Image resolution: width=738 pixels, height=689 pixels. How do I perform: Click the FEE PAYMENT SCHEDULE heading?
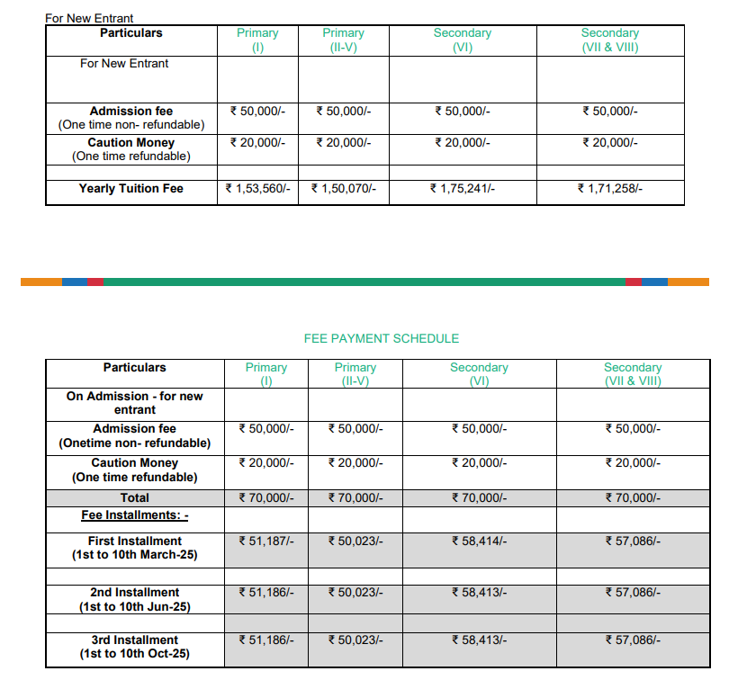382,339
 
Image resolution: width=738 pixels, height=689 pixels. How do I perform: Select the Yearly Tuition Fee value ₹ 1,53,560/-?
257,189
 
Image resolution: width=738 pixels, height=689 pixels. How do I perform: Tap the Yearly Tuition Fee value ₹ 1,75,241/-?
463,189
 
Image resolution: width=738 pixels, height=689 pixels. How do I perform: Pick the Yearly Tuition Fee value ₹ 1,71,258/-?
609,189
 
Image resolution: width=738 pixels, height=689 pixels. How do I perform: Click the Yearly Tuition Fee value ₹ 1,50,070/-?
343,189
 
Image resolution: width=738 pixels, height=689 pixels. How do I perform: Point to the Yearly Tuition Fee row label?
131,189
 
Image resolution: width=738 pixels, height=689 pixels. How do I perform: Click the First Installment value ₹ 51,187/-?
266,541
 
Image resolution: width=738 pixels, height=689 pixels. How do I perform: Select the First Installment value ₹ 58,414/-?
479,541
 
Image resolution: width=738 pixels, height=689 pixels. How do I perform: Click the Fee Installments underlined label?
135,515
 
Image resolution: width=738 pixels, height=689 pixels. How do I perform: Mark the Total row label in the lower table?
135,497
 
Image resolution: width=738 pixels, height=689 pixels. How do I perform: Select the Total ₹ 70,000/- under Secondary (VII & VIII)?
633,497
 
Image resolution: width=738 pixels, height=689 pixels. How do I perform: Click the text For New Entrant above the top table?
89,18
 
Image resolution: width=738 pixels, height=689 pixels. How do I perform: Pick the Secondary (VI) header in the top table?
463,40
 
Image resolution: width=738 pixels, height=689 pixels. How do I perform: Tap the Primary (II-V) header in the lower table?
355,374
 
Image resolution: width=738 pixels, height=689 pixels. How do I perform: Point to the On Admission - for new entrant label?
135,403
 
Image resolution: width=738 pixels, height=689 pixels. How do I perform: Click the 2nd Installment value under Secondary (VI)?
479,592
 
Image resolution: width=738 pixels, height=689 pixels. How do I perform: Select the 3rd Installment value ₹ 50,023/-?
355,640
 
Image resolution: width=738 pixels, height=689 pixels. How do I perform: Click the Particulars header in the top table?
131,32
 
